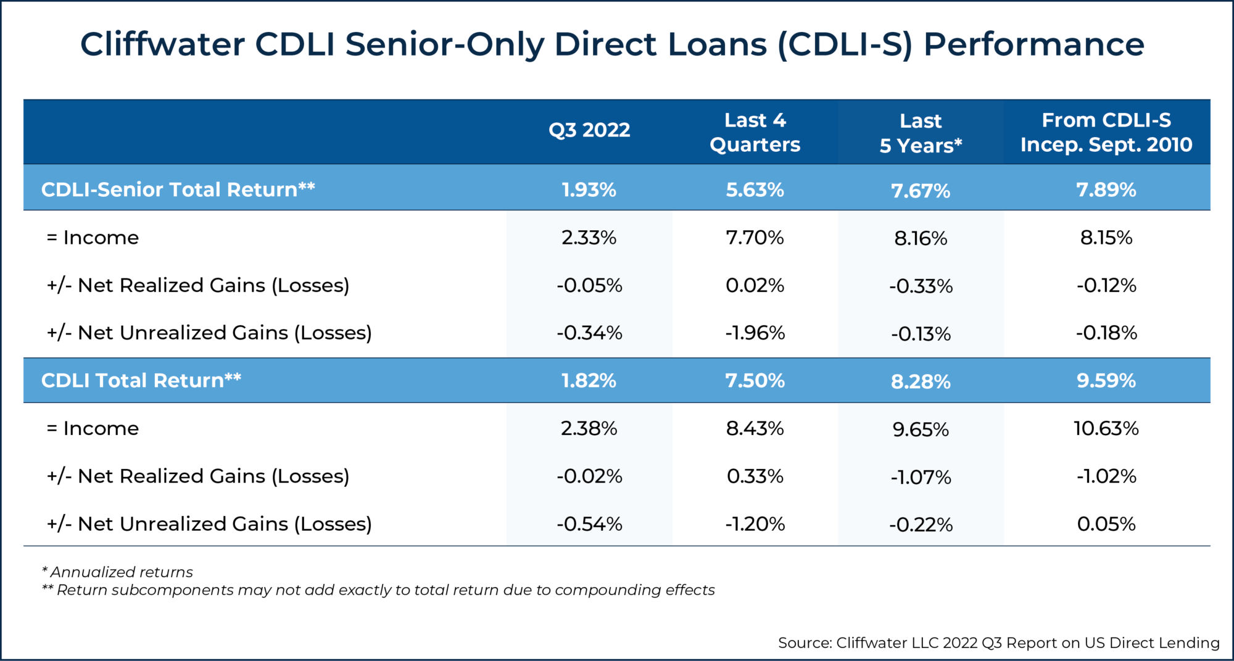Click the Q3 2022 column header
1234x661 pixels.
tap(589, 130)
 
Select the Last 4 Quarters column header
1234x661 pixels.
tap(755, 132)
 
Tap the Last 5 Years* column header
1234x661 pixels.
tap(921, 133)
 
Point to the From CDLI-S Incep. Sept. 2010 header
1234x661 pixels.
tap(1106, 132)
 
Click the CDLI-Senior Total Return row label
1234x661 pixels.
tap(178, 189)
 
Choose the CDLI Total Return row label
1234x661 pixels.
tap(141, 380)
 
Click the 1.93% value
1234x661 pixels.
tap(589, 189)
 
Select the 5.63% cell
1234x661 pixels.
tap(755, 189)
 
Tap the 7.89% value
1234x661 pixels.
tap(1106, 189)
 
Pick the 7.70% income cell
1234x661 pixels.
tap(755, 238)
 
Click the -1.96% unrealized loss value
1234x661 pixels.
tap(755, 333)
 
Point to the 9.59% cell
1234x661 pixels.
tap(1106, 380)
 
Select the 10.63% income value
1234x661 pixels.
tap(1106, 428)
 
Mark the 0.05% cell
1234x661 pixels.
tap(1106, 524)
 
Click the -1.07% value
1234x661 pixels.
tap(921, 477)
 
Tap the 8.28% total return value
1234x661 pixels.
tap(921, 381)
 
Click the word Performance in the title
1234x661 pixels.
tap(1033, 44)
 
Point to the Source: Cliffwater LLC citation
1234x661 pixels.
tap(998, 642)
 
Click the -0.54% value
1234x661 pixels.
tap(589, 524)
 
